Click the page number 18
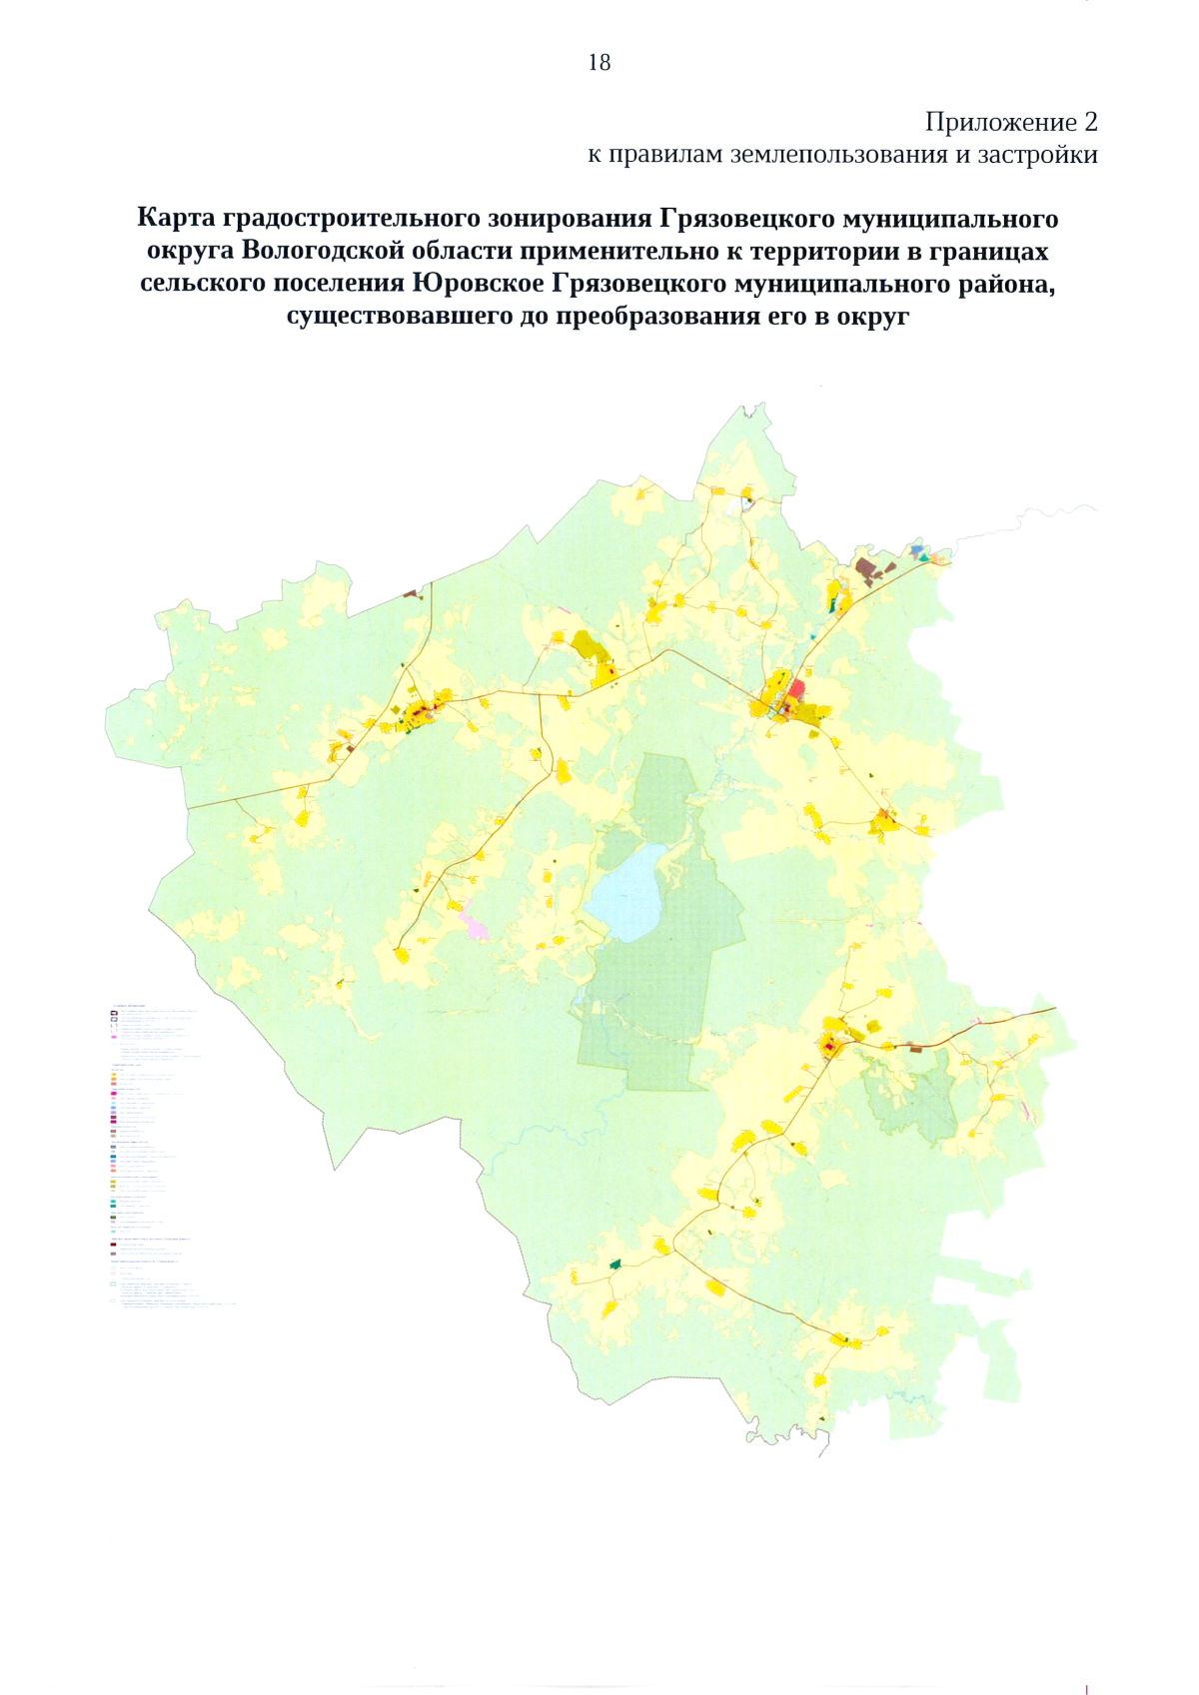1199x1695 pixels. (599, 62)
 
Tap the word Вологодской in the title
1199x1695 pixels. (323, 251)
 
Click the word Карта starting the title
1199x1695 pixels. (176, 218)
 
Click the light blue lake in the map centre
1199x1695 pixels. (626, 892)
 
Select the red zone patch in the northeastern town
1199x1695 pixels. (796, 687)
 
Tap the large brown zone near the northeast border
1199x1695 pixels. (867, 569)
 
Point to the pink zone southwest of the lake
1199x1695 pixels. (475, 920)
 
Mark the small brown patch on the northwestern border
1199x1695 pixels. (410, 593)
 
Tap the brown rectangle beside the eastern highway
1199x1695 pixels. (915, 1048)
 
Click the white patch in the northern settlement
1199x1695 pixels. (747, 505)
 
